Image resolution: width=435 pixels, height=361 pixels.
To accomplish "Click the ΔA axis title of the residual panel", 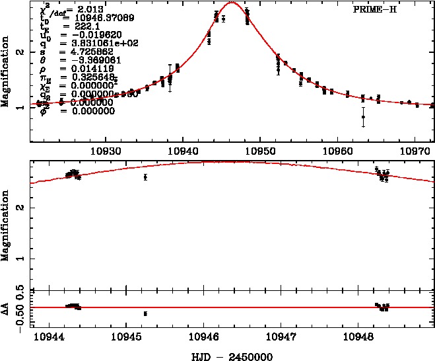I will pyautogui.click(x=6, y=307).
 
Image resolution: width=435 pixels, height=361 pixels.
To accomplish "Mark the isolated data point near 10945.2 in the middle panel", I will pyautogui.click(x=145, y=177).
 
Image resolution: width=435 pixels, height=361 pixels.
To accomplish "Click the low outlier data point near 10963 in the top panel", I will pyautogui.click(x=363, y=117).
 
